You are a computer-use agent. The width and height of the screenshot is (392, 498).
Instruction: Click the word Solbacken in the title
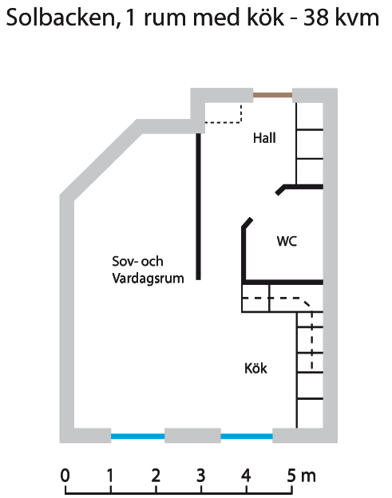point(61,18)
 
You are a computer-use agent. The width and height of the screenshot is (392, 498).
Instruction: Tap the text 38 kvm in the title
point(341,18)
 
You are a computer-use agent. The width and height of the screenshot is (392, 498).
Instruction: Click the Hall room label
point(264,138)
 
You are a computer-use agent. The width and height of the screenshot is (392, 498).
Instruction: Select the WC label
point(287,241)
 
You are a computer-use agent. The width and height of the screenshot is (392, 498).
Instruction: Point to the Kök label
point(255,369)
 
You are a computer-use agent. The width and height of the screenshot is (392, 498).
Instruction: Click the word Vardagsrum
point(148,279)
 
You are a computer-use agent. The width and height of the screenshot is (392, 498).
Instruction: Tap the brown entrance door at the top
point(272,95)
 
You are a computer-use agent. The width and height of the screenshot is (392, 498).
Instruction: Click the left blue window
point(137,437)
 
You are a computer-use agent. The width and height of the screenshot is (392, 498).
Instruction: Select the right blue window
point(247,437)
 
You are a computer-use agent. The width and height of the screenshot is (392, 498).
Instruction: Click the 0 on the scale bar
point(65,476)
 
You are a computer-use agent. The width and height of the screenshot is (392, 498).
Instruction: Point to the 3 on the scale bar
point(200,476)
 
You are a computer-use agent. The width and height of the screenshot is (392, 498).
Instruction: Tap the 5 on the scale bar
point(291,476)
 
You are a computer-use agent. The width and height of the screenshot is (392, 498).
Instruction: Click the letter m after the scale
point(308,477)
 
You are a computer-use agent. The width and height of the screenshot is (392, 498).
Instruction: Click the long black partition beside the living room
point(199,207)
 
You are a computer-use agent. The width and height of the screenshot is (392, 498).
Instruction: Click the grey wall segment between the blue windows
point(192,436)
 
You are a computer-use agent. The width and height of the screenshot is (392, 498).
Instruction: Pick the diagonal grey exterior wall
point(101,159)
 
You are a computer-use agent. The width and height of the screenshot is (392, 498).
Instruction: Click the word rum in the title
point(164,19)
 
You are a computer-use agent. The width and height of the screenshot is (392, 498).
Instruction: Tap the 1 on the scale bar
point(110,476)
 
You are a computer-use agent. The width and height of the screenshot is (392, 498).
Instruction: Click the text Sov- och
point(137,262)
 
